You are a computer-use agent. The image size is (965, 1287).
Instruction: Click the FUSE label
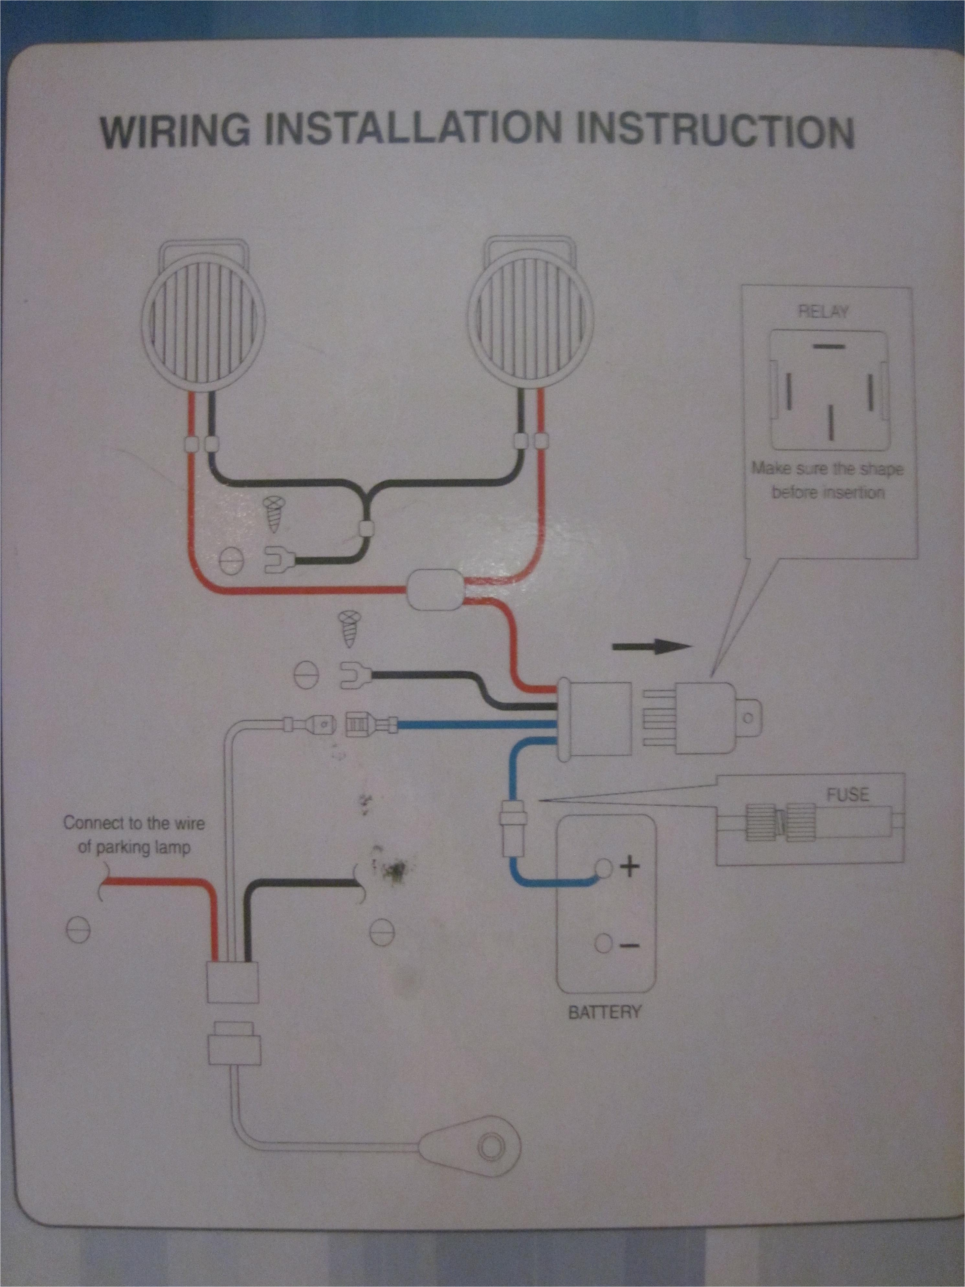point(848,795)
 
